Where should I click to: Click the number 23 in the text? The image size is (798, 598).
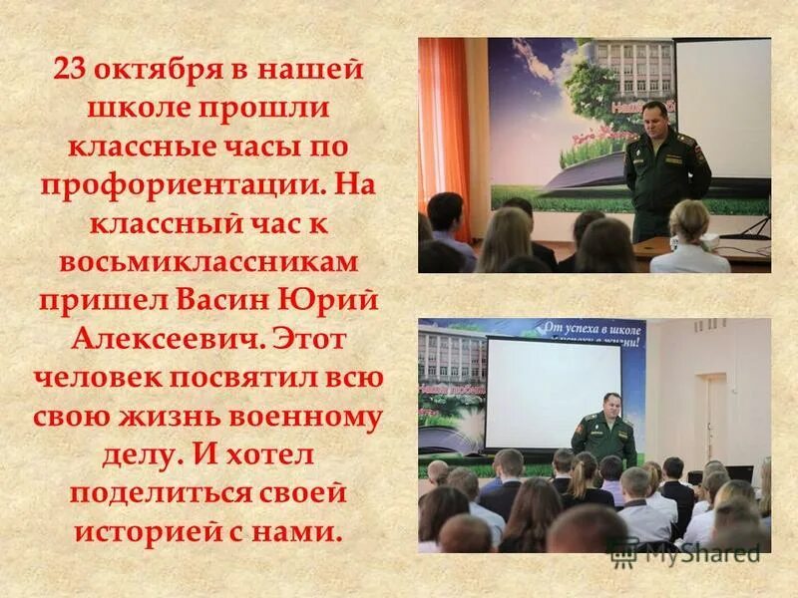point(72,70)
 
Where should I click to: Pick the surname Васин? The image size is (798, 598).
point(226,300)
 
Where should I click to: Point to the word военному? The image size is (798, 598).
point(314,416)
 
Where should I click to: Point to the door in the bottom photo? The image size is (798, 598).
point(711,420)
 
